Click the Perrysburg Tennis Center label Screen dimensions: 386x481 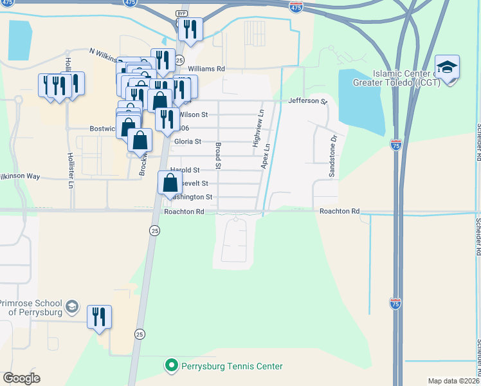(x=233, y=366)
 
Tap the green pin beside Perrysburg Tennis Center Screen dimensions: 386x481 (x=172, y=366)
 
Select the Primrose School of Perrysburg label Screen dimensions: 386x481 (x=31, y=308)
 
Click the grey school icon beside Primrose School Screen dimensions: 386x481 (x=72, y=306)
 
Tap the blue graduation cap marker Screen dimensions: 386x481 (x=447, y=68)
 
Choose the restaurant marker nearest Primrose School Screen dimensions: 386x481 (x=99, y=317)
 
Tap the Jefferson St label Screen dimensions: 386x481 (x=308, y=101)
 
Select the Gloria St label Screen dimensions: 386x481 (x=188, y=142)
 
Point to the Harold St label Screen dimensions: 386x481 (x=185, y=170)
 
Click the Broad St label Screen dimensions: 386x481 (x=218, y=156)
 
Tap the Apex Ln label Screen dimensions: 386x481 (x=264, y=156)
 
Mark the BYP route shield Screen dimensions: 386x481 (x=181, y=14)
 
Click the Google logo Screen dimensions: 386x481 (x=21, y=378)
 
